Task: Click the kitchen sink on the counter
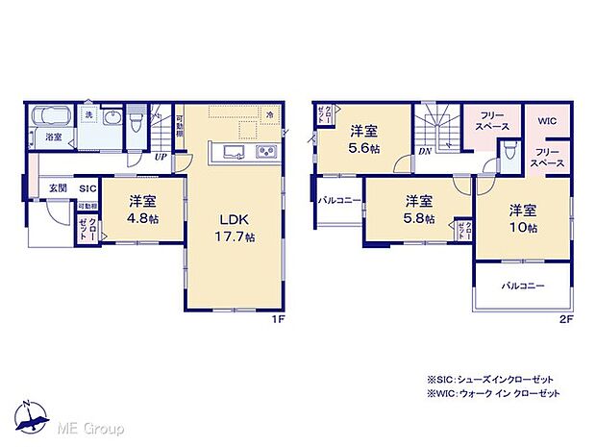point(235,152)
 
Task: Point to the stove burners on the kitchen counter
point(264,152)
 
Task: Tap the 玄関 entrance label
point(58,189)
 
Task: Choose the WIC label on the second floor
point(548,121)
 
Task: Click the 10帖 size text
point(524,227)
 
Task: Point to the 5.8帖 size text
point(416,219)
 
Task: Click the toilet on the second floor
point(507,151)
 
